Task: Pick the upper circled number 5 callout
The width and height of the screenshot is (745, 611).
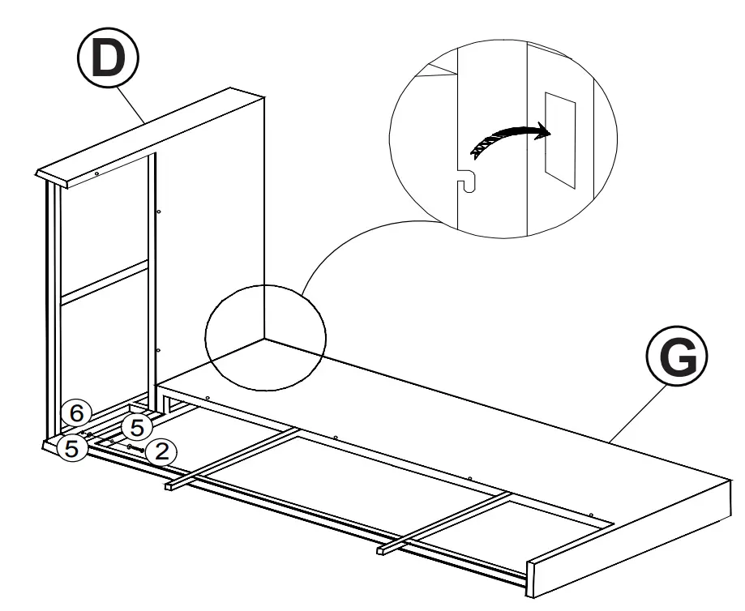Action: pos(137,426)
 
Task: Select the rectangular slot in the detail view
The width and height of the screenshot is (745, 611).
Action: pos(559,139)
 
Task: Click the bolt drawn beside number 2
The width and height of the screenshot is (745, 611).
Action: pos(135,447)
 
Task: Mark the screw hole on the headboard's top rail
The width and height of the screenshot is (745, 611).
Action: pos(96,173)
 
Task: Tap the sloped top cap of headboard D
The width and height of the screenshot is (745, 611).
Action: pos(154,134)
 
